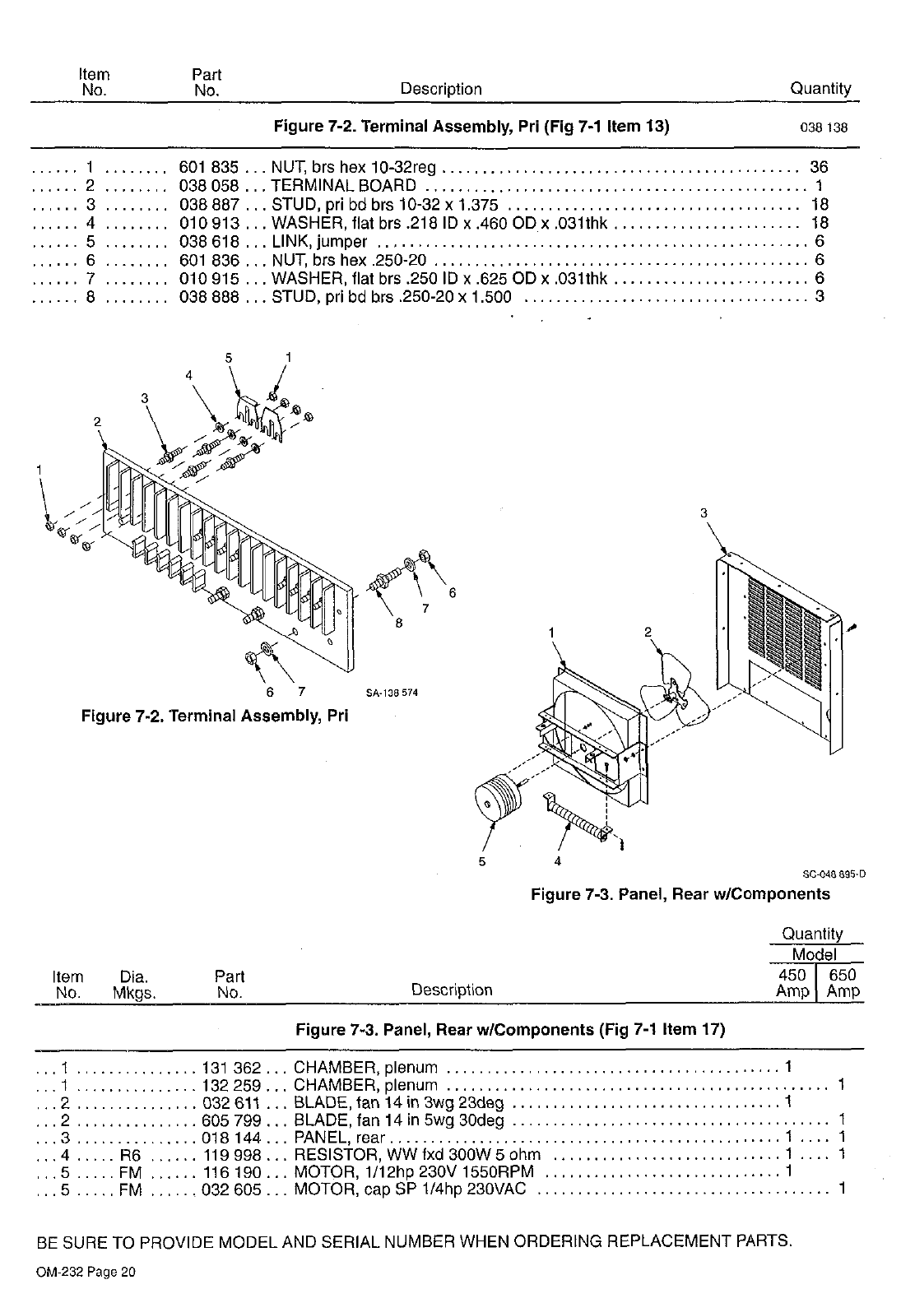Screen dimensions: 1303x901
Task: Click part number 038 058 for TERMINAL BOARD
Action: tap(208, 186)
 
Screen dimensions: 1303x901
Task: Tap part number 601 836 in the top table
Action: tap(208, 260)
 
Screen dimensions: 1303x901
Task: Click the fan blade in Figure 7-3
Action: tap(677, 689)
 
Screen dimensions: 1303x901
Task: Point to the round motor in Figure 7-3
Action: tap(496, 800)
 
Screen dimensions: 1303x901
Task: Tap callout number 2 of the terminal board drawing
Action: tap(97, 421)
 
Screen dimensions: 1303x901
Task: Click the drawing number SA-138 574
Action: tap(392, 693)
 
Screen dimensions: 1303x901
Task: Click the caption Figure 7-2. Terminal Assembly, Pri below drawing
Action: tap(215, 716)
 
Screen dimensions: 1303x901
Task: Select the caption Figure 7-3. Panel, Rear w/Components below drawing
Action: tap(680, 894)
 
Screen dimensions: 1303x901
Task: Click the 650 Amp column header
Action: tap(843, 983)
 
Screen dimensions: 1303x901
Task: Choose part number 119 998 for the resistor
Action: tap(231, 1154)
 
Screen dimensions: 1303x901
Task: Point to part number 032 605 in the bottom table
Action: tap(231, 1189)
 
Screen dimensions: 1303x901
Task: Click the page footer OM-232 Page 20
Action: tap(86, 1272)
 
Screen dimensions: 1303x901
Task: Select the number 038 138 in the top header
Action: tap(824, 128)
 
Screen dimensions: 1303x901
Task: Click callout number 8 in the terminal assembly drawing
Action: tap(399, 623)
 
